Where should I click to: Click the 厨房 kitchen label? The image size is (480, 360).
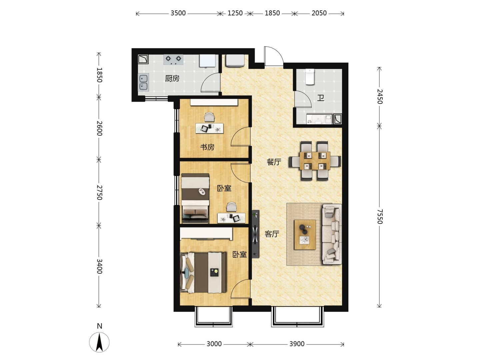[172, 78]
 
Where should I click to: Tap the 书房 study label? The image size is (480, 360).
[207, 147]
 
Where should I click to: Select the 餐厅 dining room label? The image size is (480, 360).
[274, 162]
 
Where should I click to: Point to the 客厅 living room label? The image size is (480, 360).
[272, 234]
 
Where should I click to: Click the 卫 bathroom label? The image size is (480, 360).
[321, 98]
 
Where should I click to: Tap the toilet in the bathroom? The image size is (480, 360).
[310, 77]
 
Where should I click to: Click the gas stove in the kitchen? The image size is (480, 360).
[173, 60]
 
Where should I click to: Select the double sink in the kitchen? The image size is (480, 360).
[143, 82]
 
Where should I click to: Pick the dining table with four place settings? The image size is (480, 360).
[315, 161]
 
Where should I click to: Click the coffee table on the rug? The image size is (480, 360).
[305, 235]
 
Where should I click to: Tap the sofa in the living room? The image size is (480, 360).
[332, 234]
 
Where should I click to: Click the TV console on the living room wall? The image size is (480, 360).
[255, 234]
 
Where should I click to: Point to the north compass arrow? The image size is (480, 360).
[99, 342]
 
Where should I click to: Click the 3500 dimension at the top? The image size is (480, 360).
[178, 13]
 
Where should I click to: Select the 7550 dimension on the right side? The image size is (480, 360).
[380, 216]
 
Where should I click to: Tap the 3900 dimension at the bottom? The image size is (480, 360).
[297, 344]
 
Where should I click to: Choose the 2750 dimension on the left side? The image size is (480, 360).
[99, 193]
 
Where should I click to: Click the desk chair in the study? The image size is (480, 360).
[209, 117]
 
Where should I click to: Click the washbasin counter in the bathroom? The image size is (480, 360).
[319, 119]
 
